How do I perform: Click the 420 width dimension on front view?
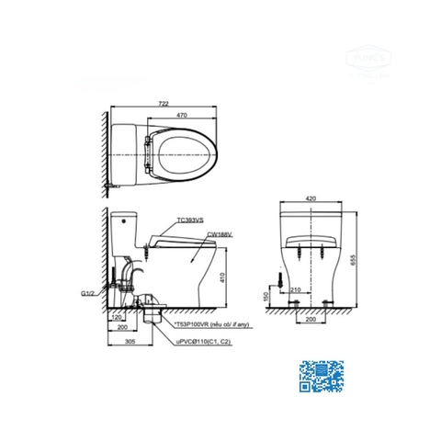click(x=311, y=198)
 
